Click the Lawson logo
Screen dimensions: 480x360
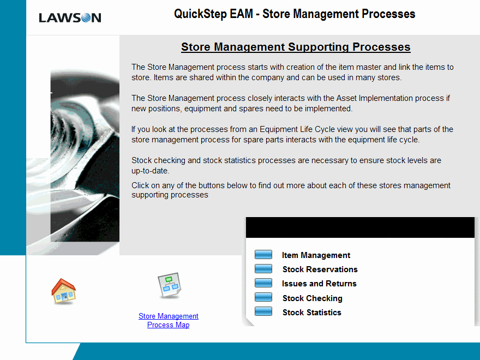click(x=70, y=18)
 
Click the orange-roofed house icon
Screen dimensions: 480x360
click(x=64, y=291)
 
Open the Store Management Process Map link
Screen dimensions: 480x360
click(x=169, y=320)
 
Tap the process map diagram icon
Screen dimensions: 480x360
click(x=169, y=285)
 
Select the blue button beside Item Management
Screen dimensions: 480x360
click(x=263, y=254)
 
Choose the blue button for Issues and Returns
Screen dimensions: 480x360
click(x=263, y=283)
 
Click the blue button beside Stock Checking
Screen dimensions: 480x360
click(x=263, y=297)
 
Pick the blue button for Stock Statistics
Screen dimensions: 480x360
click(x=263, y=311)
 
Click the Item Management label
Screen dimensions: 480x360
click(x=316, y=255)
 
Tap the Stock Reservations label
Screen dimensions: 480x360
click(x=320, y=269)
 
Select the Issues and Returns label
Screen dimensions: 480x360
click(x=319, y=284)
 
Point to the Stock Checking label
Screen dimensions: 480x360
click(x=312, y=298)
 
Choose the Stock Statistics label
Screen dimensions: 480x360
click(x=311, y=312)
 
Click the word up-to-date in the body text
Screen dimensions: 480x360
click(x=149, y=171)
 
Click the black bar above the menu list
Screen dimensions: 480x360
click(x=360, y=227)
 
